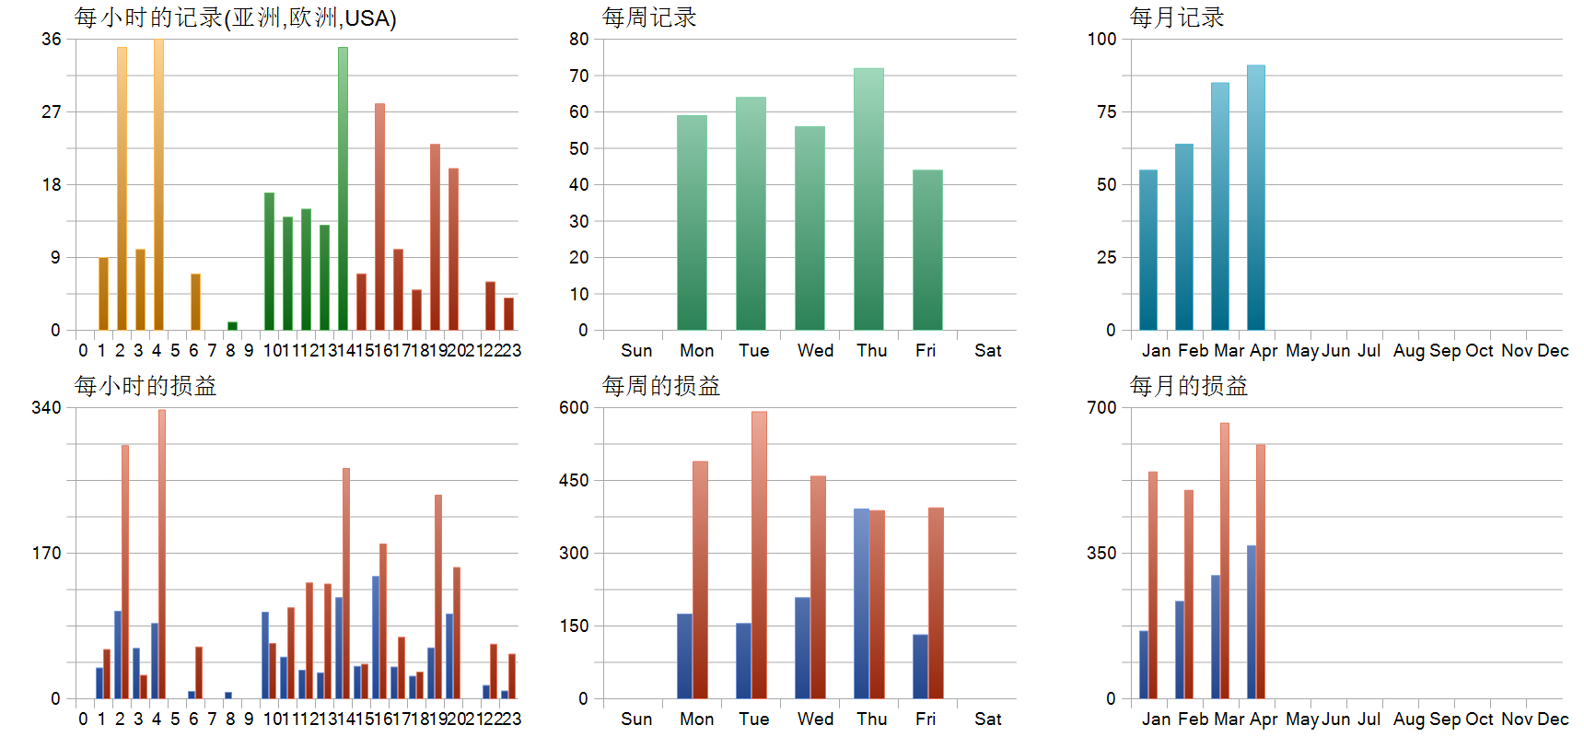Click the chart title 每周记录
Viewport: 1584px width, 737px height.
tap(649, 18)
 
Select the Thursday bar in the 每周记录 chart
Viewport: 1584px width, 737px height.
tap(868, 198)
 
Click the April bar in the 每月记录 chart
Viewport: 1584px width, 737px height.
tap(1256, 197)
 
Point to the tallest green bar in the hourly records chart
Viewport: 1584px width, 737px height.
tap(343, 188)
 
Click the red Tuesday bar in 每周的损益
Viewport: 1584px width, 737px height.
tap(759, 555)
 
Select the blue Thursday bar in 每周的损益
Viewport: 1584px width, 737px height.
tap(861, 603)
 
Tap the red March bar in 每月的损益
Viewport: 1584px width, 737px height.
tap(1225, 560)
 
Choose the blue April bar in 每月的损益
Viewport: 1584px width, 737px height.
tap(1252, 622)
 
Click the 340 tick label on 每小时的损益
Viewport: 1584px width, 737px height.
tap(46, 407)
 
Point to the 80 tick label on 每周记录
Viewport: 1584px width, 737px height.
tap(578, 39)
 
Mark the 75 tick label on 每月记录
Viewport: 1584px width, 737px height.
tap(1106, 111)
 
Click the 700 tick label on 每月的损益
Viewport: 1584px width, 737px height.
tap(1101, 407)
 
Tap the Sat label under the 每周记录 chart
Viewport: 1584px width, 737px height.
tap(987, 350)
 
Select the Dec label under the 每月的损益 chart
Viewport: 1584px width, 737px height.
tap(1553, 719)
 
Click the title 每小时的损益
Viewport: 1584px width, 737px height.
tap(146, 386)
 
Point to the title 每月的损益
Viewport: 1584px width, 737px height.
tap(1188, 386)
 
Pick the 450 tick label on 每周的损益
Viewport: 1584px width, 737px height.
tap(574, 480)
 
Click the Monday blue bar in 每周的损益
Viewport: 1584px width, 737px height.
tap(684, 656)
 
